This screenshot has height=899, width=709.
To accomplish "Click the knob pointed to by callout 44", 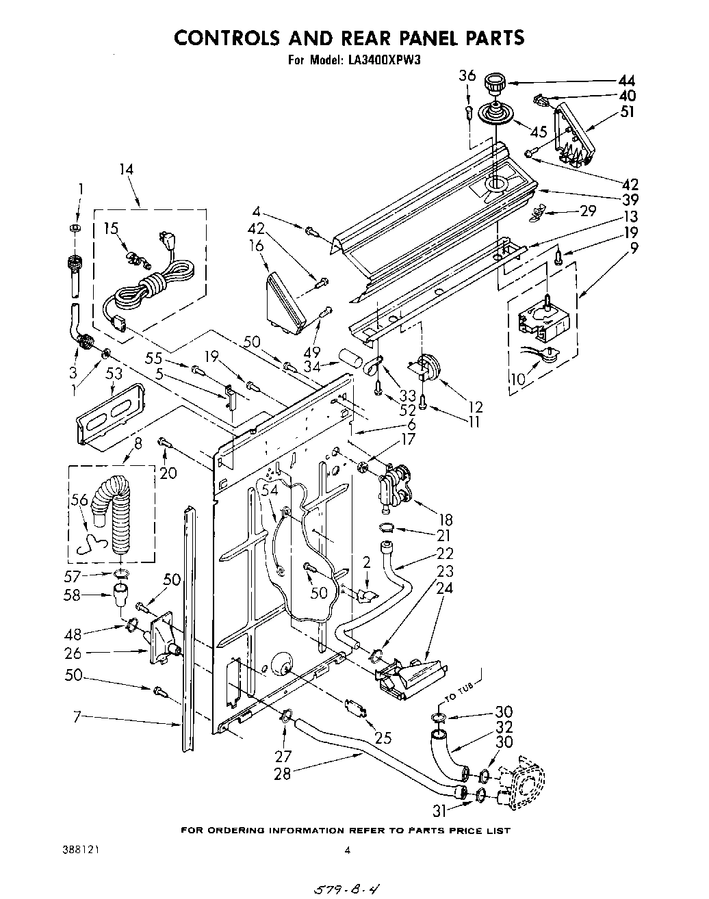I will click(493, 87).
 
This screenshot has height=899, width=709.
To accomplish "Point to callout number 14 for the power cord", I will click(125, 170).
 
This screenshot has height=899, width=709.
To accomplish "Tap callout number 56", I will click(79, 500).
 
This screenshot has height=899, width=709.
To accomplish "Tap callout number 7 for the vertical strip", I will click(78, 716).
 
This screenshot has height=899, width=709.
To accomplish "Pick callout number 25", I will click(383, 738).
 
